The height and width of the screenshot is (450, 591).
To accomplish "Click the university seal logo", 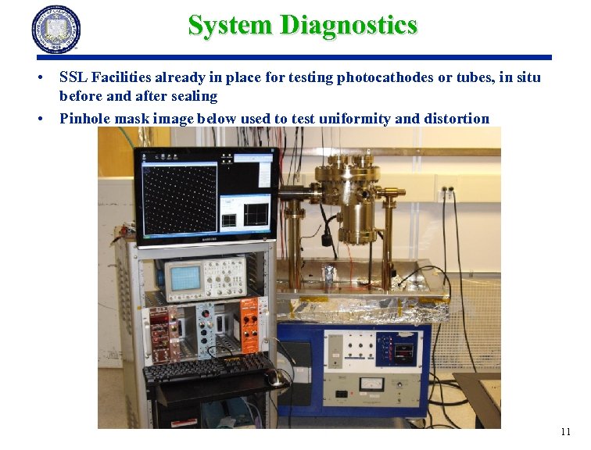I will tap(56, 30).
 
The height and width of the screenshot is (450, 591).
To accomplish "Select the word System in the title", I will tap(231, 25).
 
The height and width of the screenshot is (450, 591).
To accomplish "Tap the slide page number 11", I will tap(566, 432).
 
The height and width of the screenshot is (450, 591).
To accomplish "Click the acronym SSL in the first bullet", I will tap(73, 77).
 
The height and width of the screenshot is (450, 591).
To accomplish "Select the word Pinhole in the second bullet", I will tap(83, 119).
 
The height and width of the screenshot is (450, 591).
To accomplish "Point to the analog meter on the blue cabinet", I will tap(366, 384).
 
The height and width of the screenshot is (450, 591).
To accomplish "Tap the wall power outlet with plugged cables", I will tap(446, 189).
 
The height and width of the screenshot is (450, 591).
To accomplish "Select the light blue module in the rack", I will tap(210, 327).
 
